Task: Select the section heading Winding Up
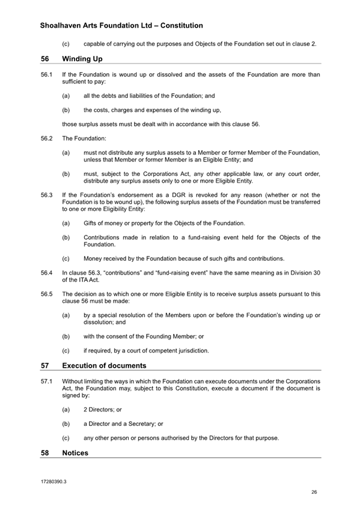point(82,59)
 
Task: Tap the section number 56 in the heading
point(45,59)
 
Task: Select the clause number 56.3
point(46,195)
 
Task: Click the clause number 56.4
point(46,273)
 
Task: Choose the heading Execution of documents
point(104,365)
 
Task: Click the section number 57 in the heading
point(45,365)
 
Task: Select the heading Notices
point(75,453)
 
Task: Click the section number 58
point(45,453)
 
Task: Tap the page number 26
point(314,492)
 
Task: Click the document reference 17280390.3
point(53,482)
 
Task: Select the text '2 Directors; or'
point(103,409)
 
